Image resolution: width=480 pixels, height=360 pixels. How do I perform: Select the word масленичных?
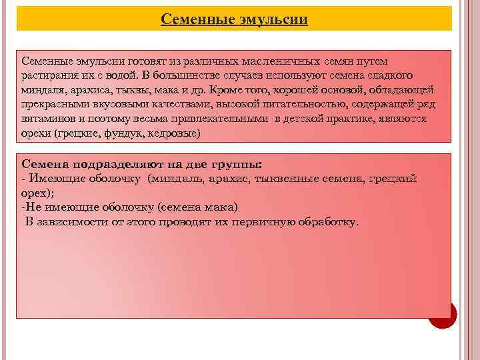pyautogui.click(x=282, y=61)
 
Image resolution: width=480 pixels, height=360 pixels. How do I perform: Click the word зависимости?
pyautogui.click(x=73, y=221)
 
